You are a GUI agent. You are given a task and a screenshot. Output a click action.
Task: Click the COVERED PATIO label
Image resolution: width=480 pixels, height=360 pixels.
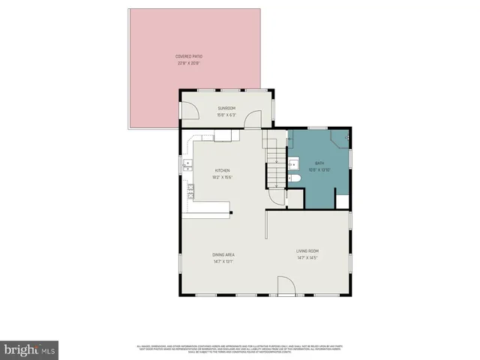[x=189, y=56]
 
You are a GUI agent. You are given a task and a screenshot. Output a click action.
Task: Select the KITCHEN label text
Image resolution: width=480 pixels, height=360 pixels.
[x=223, y=170]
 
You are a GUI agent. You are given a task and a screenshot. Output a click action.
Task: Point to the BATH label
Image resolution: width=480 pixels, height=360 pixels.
[x=319, y=164]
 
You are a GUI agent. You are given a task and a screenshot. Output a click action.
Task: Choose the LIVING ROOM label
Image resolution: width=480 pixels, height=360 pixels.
[x=307, y=251]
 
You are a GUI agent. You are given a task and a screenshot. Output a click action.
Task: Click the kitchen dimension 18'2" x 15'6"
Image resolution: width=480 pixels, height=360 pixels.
[x=223, y=177]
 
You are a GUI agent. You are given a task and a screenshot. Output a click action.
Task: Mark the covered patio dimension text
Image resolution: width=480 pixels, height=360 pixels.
[x=189, y=63]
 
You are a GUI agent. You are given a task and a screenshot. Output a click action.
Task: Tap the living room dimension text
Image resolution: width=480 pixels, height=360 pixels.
[x=307, y=258]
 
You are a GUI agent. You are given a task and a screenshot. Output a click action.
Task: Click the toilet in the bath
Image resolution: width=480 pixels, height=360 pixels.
[x=295, y=179]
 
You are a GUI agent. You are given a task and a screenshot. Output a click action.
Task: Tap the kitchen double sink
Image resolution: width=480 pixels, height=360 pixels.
[x=187, y=163]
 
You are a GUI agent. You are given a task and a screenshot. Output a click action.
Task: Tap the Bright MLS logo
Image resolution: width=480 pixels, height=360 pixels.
[x=30, y=350]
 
